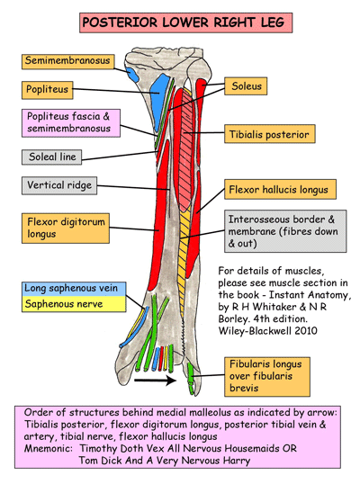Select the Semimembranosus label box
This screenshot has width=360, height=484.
click(x=67, y=62)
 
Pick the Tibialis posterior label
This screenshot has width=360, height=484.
click(x=267, y=134)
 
